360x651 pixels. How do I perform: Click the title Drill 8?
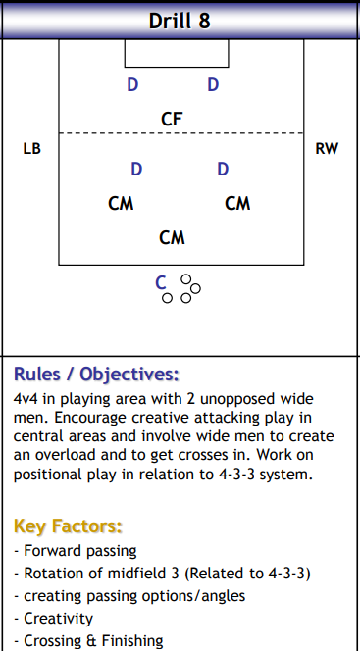[x=180, y=21]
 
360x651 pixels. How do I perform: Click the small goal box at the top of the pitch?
[x=176, y=52]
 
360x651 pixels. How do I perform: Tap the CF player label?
[x=172, y=119]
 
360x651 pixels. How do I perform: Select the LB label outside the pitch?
[x=31, y=149]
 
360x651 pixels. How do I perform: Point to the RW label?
[x=327, y=149]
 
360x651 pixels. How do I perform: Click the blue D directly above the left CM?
[x=136, y=170]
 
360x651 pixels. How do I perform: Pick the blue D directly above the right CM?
[x=223, y=170]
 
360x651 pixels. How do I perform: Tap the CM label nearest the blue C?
[x=172, y=237]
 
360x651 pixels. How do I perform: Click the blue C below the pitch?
[x=162, y=283]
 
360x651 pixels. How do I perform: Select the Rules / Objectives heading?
[x=96, y=374]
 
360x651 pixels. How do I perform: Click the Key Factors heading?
[x=68, y=526]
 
